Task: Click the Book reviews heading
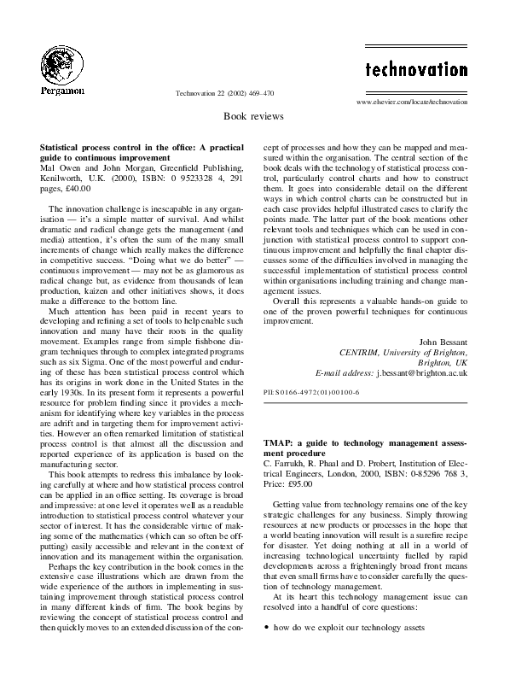pos(255,114)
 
